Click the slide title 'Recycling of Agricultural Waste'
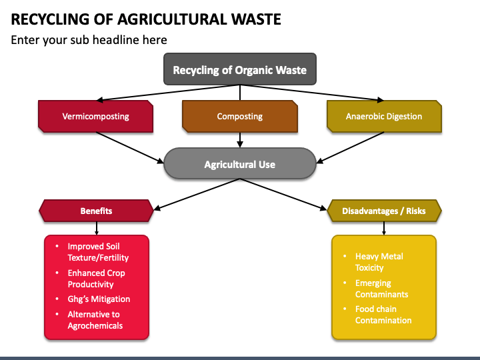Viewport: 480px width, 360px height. pyautogui.click(x=146, y=18)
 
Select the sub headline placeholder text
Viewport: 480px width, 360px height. pyautogui.click(x=89, y=40)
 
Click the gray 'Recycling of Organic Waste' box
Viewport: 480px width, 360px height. pyautogui.click(x=240, y=69)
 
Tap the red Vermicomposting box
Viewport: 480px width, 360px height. pyautogui.click(x=96, y=116)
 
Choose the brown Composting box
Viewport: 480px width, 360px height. pyautogui.click(x=240, y=116)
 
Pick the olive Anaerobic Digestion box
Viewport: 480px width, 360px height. pyautogui.click(x=384, y=116)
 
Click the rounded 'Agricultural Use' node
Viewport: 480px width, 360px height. pyautogui.click(x=240, y=164)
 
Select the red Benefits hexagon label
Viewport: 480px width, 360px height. pyautogui.click(x=96, y=211)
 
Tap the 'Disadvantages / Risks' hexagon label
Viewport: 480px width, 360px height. pyautogui.click(x=384, y=211)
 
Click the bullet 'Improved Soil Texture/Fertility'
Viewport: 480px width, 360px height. pyautogui.click(x=98, y=252)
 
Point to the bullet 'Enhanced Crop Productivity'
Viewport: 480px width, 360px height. pyautogui.click(x=96, y=279)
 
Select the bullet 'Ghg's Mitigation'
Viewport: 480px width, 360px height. pyautogui.click(x=99, y=299)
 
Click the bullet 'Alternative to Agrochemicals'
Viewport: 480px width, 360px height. pyautogui.click(x=95, y=320)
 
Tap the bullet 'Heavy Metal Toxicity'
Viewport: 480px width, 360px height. pyautogui.click(x=379, y=262)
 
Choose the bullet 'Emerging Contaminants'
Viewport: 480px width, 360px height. pyautogui.click(x=381, y=289)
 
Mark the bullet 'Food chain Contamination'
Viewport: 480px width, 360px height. pyautogui.click(x=383, y=315)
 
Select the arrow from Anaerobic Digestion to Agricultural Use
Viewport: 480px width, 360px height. pyautogui.click(x=351, y=146)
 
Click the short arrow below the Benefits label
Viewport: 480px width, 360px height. pyautogui.click(x=96, y=228)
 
